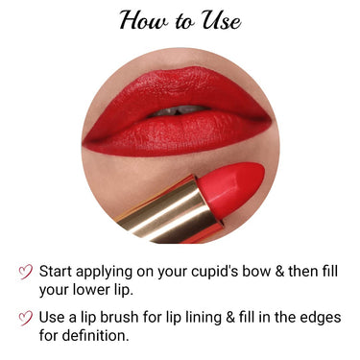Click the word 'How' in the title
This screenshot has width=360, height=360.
142,21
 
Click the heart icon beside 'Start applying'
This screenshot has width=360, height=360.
27,273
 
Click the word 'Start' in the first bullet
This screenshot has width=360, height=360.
60,272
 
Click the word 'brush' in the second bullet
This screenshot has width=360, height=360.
140,319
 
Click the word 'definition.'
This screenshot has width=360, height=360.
98,337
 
